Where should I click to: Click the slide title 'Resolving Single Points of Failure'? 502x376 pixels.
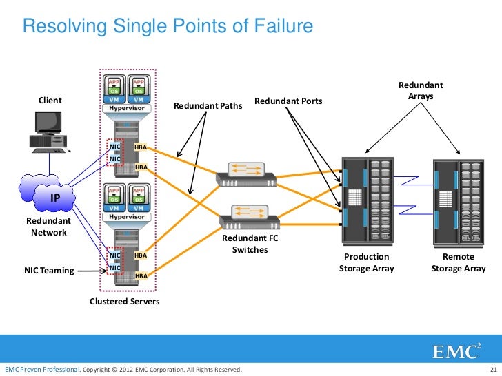[x=168, y=26]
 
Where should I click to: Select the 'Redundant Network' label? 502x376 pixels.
[x=48, y=227]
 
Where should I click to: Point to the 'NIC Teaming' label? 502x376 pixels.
[x=49, y=271]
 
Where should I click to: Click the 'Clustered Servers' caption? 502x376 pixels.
[x=125, y=302]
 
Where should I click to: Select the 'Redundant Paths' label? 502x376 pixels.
[x=208, y=106]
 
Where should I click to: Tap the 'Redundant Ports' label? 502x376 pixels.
[x=288, y=101]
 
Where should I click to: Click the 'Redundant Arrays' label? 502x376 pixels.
[x=421, y=91]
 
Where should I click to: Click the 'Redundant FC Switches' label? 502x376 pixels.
[x=250, y=244]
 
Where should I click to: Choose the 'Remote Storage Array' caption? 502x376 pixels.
[x=459, y=262]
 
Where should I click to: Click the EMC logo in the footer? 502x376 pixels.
[x=456, y=351]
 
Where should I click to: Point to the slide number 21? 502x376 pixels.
[x=492, y=370]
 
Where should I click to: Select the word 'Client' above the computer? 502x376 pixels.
[x=50, y=101]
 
